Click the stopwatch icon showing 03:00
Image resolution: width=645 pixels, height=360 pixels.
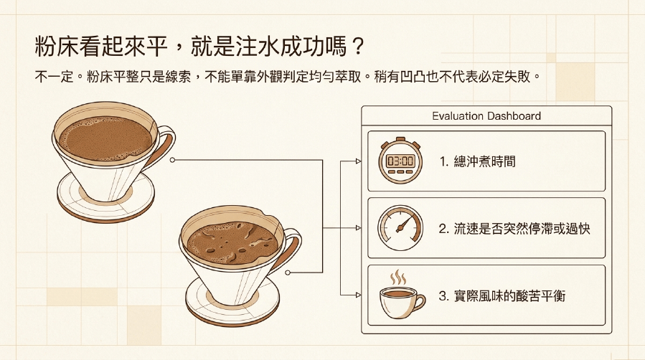[400, 160]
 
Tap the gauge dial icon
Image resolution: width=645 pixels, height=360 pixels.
[400, 228]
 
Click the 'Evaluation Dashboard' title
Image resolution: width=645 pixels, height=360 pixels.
[486, 116]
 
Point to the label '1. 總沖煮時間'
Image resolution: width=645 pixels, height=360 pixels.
[477, 161]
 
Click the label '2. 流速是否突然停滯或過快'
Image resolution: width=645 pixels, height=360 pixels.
[514, 229]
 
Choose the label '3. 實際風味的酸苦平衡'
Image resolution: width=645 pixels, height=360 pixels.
[502, 296]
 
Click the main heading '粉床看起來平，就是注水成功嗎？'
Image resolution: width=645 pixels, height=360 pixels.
[199, 46]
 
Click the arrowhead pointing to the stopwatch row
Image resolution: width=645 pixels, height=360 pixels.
[359, 161]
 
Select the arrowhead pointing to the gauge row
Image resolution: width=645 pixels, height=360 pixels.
[359, 228]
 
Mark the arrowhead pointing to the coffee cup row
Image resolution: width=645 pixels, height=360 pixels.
[359, 295]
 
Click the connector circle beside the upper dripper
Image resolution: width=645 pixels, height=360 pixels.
[172, 160]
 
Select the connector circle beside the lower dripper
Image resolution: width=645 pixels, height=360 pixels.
[288, 273]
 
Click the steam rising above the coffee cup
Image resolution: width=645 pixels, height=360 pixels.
[397, 278]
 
